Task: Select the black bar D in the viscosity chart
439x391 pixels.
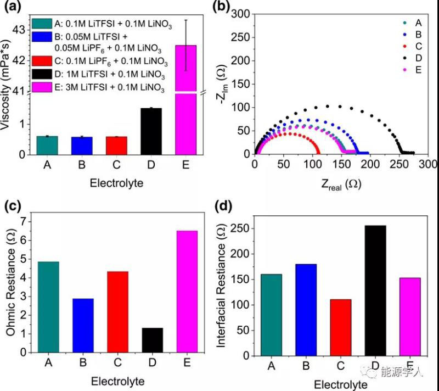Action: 151,131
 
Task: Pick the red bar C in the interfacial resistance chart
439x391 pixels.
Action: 341,327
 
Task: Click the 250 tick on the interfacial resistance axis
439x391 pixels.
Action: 242,228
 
